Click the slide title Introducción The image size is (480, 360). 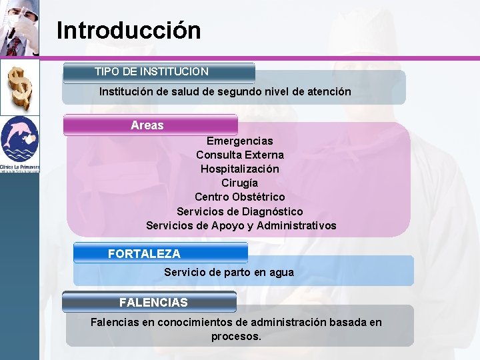point(129,31)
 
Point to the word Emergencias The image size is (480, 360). point(239,141)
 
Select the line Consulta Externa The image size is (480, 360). point(239,155)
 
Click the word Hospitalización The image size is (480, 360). point(239,169)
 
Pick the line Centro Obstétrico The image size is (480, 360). point(239,197)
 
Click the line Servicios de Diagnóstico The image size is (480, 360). point(239,211)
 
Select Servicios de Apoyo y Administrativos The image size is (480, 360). point(241,225)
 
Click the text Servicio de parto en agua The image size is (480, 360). point(229,272)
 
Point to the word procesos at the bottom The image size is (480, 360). point(236,337)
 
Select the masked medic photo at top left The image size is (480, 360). point(19,28)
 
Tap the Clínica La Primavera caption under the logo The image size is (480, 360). point(19,167)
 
